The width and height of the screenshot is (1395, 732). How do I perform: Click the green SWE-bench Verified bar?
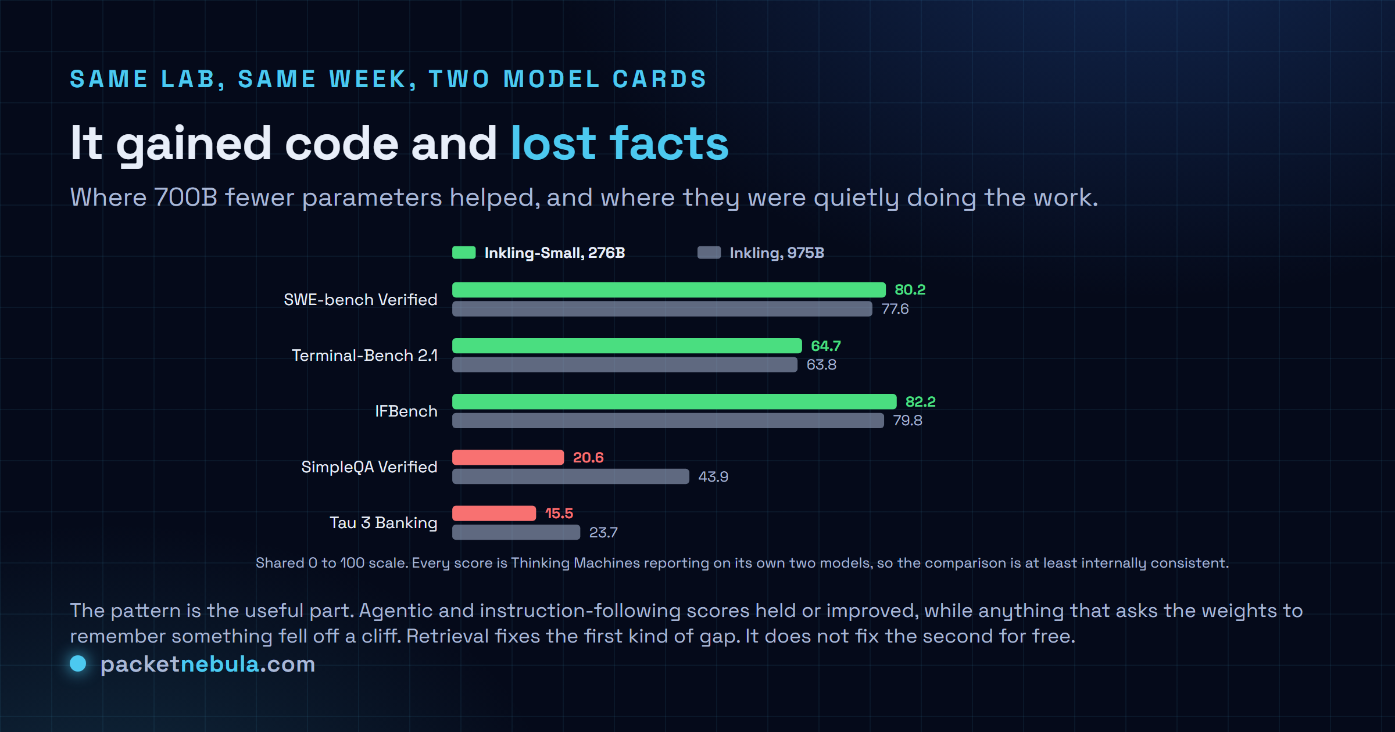pyautogui.click(x=669, y=290)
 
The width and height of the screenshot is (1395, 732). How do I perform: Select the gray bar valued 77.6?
pyautogui.click(x=662, y=308)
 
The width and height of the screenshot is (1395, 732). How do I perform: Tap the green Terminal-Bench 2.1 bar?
pyautogui.click(x=627, y=346)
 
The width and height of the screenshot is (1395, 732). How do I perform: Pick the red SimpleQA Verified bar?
pyautogui.click(x=508, y=457)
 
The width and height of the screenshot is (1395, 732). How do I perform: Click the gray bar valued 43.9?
pyautogui.click(x=571, y=476)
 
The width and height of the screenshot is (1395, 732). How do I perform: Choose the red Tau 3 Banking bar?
pyautogui.click(x=494, y=513)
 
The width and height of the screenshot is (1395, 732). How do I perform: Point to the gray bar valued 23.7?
pyautogui.click(x=516, y=532)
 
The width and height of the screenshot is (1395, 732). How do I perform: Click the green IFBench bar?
pyautogui.click(x=674, y=401)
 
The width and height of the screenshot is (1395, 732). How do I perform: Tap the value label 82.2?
pyautogui.click(x=921, y=401)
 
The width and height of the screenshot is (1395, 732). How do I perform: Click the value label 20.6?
pyautogui.click(x=588, y=458)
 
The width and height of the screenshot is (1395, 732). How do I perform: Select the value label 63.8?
pyautogui.click(x=821, y=365)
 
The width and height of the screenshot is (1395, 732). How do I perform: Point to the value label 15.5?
pyautogui.click(x=559, y=514)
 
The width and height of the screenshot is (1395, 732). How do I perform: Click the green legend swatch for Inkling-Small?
pyautogui.click(x=464, y=253)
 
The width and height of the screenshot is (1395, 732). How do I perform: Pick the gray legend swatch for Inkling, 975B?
pyautogui.click(x=709, y=253)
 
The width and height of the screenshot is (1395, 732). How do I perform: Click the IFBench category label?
pyautogui.click(x=406, y=411)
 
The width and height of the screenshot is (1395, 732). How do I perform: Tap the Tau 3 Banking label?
pyautogui.click(x=384, y=523)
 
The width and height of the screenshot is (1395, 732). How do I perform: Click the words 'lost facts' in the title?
pyautogui.click(x=620, y=143)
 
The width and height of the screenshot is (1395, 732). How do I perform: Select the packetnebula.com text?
pyautogui.click(x=208, y=664)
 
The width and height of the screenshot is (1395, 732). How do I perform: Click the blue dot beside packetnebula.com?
pyautogui.click(x=78, y=663)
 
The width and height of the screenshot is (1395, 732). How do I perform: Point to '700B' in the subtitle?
pyautogui.click(x=186, y=198)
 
